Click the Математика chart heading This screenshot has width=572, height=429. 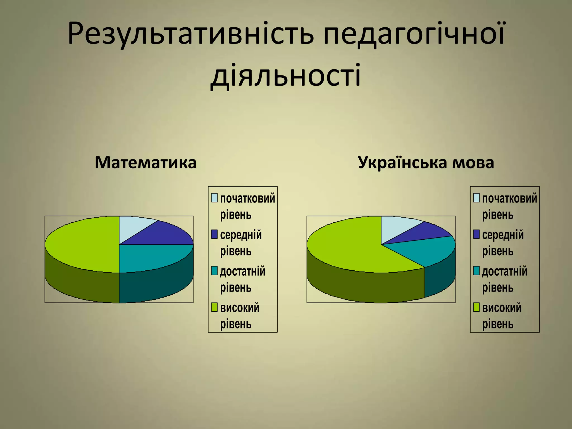click(x=146, y=163)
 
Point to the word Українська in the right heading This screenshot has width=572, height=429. click(x=402, y=163)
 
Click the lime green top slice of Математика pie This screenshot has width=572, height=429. click(x=84, y=243)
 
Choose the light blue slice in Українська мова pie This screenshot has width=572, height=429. click(x=397, y=226)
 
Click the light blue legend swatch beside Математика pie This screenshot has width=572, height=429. click(x=214, y=198)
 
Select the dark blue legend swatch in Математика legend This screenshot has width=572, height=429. click(x=214, y=234)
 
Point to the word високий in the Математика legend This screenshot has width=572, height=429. click(x=240, y=308)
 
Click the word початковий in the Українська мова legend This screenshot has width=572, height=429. click(x=509, y=198)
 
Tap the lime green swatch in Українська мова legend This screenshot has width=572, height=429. click(x=476, y=307)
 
